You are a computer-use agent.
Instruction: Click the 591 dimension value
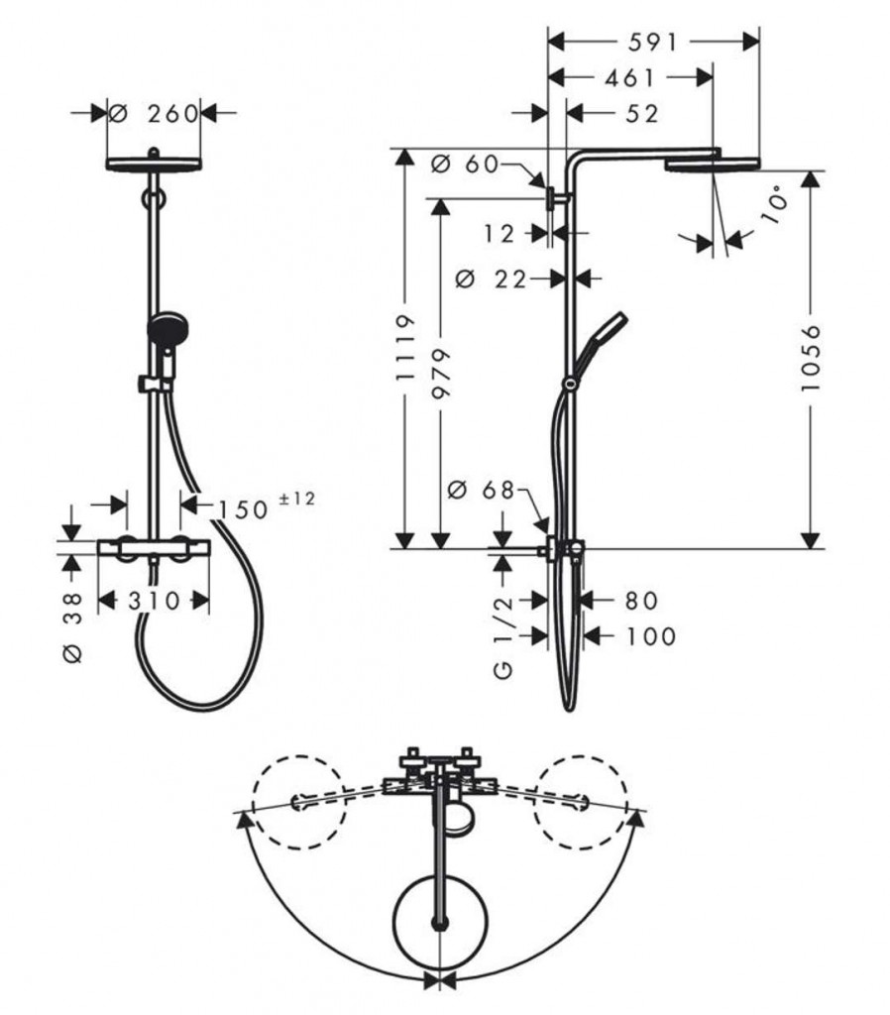click(x=652, y=43)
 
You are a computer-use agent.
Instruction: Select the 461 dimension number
click(x=629, y=78)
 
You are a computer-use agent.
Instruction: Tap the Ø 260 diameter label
click(x=154, y=114)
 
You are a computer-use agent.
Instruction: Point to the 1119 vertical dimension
click(x=405, y=348)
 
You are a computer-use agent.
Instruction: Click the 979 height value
click(x=441, y=374)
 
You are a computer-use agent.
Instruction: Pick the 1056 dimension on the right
click(x=811, y=358)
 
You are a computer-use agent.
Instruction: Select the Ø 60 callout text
click(x=465, y=165)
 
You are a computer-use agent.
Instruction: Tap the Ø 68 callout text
click(x=481, y=490)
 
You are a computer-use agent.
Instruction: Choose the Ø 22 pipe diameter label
click(x=492, y=280)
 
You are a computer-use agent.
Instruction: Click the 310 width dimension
click(x=154, y=602)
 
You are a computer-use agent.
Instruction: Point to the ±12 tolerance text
click(x=297, y=500)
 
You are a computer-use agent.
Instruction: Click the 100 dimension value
click(x=650, y=636)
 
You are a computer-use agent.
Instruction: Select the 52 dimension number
click(x=641, y=114)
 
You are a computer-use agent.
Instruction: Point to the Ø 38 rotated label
click(x=73, y=627)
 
